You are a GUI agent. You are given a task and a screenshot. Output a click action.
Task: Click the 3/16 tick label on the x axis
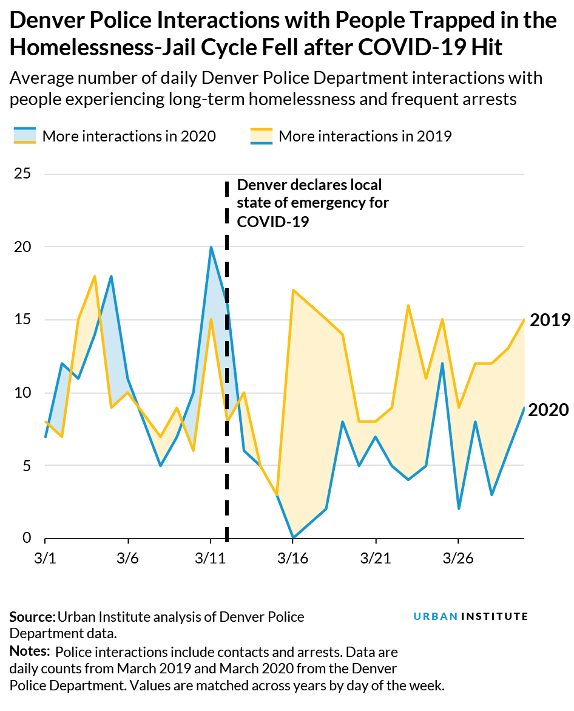pyautogui.click(x=293, y=556)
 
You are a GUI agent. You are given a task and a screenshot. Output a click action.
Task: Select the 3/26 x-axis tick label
pyautogui.click(x=458, y=556)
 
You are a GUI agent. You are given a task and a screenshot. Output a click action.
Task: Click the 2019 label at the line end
pyautogui.click(x=549, y=320)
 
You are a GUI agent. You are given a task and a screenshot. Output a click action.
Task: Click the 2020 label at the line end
pyautogui.click(x=549, y=410)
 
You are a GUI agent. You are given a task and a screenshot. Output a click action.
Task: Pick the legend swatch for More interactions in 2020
pyautogui.click(x=24, y=136)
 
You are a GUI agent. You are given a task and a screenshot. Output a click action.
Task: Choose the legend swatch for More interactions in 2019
pyautogui.click(x=261, y=136)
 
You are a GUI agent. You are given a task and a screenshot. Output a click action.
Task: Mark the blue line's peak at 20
pyautogui.click(x=211, y=247)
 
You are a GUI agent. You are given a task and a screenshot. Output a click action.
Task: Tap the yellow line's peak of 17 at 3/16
pyautogui.click(x=293, y=290)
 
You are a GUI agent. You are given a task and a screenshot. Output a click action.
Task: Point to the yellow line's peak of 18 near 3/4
pyautogui.click(x=95, y=276)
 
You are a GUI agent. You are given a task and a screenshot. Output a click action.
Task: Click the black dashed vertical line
pyautogui.click(x=227, y=364)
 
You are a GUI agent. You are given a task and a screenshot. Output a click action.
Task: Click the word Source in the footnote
pyautogui.click(x=31, y=617)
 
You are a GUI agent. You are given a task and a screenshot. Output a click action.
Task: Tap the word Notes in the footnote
pyautogui.click(x=29, y=652)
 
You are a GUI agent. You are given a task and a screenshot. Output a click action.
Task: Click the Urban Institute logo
pyautogui.click(x=470, y=616)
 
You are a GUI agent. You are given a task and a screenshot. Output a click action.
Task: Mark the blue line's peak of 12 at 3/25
pyautogui.click(x=442, y=364)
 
